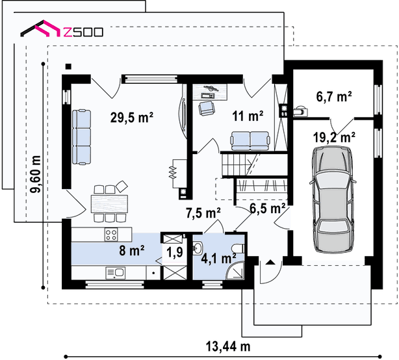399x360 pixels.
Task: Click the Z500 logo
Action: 62,29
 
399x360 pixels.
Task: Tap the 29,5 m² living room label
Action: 132,118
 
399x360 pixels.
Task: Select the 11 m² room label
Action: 248,116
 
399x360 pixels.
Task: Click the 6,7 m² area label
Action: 334,96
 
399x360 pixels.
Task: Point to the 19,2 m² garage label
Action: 334,137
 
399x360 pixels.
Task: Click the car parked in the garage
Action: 333,199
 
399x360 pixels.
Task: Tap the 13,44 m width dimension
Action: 228,346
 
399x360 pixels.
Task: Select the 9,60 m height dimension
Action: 35,174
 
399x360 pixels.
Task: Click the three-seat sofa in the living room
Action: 81,137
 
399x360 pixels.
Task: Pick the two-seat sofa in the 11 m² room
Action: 250,141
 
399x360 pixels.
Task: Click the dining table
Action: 109,204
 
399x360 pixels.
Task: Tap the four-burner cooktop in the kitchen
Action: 111,235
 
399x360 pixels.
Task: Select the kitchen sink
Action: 116,273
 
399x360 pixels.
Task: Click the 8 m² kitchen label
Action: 132,250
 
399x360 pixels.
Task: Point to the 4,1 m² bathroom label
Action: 218,258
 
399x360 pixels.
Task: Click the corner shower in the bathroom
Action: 235,270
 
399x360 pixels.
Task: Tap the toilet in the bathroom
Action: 238,249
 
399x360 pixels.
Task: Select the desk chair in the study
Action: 207,109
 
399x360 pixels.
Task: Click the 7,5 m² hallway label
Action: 203,212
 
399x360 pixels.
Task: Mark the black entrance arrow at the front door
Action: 270,262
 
